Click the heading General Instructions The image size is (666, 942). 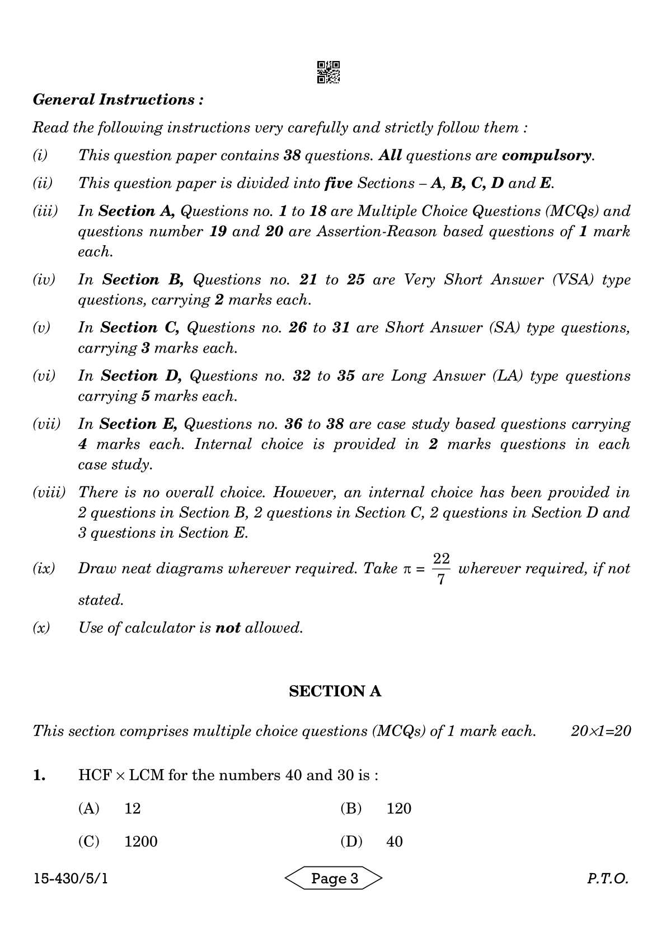[x=118, y=100]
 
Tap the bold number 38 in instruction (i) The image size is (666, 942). [x=293, y=155]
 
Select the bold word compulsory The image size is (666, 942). [x=547, y=155]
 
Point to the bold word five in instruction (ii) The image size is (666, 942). [x=338, y=183]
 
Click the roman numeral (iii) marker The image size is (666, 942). [x=45, y=211]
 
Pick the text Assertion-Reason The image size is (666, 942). [x=376, y=231]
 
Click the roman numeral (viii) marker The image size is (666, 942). [x=49, y=493]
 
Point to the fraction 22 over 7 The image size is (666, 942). [x=441, y=569]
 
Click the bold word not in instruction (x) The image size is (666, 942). [x=228, y=627]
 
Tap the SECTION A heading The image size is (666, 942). [x=335, y=691]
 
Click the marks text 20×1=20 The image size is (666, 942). [x=601, y=730]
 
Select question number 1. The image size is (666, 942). [x=39, y=775]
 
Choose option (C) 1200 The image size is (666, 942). [x=118, y=841]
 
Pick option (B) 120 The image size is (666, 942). [x=376, y=808]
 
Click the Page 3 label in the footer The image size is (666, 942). [x=334, y=878]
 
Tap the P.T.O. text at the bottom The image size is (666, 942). [x=607, y=879]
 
